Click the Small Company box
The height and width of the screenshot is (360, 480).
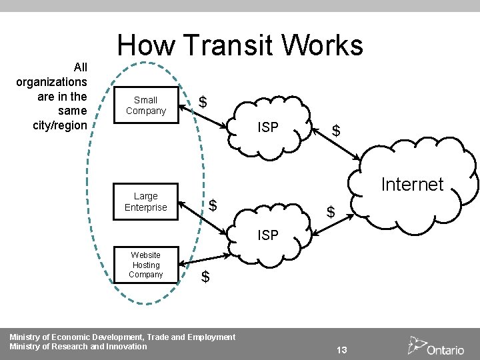[145, 105]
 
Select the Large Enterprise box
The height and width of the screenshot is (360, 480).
[145, 202]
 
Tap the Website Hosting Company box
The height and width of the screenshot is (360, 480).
[145, 265]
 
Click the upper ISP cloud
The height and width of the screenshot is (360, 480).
[267, 127]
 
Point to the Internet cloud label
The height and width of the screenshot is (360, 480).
[412, 184]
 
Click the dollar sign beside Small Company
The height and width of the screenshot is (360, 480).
[203, 102]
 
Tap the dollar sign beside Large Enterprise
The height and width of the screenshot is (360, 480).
[213, 205]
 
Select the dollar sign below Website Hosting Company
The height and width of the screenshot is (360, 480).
[205, 276]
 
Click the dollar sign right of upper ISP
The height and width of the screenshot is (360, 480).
[337, 131]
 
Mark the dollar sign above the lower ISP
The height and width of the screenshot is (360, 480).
[330, 213]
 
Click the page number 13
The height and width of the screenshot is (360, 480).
[343, 350]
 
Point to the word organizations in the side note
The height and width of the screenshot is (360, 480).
[51, 82]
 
